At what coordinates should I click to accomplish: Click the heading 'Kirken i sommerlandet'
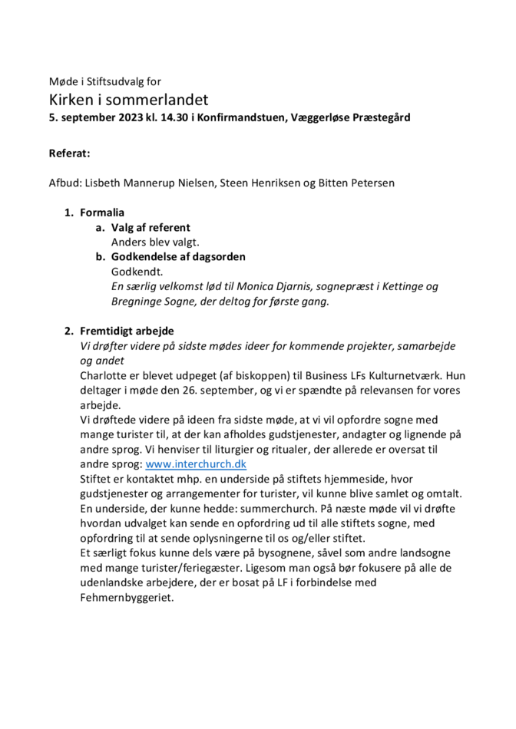click(128, 100)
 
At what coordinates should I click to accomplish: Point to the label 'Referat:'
click(70, 153)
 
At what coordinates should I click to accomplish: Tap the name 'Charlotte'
click(107, 375)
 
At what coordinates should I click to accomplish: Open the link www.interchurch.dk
click(196, 464)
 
